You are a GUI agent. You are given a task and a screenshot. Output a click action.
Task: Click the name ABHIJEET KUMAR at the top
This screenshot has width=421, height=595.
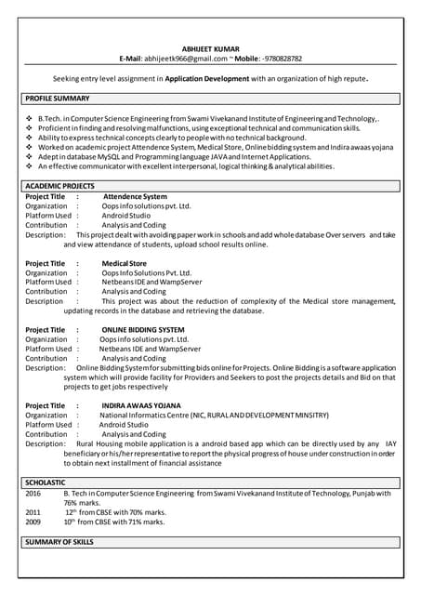tap(210, 48)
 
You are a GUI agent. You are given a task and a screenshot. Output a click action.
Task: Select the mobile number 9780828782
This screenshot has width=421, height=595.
tap(277, 59)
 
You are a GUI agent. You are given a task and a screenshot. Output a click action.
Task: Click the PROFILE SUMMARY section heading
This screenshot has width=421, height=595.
tap(58, 98)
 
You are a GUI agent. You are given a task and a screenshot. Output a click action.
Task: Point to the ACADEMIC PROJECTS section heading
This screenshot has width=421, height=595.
tap(60, 187)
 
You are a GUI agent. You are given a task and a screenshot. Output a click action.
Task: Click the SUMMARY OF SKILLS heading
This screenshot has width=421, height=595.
tap(59, 541)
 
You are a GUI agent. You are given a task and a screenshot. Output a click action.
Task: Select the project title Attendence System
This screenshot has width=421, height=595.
tap(135, 197)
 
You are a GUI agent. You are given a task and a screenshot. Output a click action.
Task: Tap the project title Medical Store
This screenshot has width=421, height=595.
tap(124, 263)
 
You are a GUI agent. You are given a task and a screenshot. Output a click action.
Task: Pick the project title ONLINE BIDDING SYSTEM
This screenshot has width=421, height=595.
tap(143, 330)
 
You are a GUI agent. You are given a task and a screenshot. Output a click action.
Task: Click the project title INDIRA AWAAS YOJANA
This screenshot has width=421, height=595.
tap(142, 405)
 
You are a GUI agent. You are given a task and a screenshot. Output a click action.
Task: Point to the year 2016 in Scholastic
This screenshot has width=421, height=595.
tap(33, 494)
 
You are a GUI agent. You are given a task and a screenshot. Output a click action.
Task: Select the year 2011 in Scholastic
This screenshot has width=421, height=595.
tap(33, 512)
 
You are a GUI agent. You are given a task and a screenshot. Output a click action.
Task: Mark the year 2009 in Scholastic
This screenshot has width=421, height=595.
tap(33, 522)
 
